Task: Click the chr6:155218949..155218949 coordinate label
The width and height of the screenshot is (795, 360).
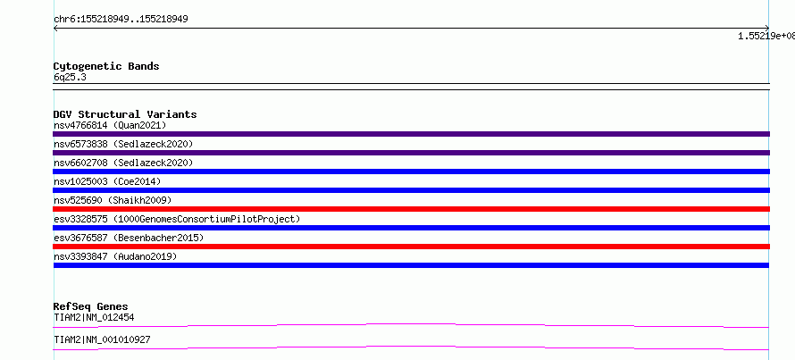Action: click(x=121, y=20)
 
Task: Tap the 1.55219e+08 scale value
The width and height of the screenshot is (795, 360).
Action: click(x=766, y=36)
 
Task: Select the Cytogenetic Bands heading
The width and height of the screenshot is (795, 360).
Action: click(x=106, y=66)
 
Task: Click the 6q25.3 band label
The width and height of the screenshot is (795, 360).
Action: click(x=70, y=78)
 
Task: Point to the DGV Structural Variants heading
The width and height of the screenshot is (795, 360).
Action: click(x=125, y=114)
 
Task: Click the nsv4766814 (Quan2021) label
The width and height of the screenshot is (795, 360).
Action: click(x=110, y=125)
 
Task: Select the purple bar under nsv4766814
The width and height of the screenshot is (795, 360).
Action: click(x=411, y=134)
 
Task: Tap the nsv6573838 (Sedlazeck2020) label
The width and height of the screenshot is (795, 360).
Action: click(x=123, y=144)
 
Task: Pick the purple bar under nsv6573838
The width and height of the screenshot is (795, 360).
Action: click(x=411, y=153)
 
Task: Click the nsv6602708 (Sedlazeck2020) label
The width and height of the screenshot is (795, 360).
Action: click(x=123, y=163)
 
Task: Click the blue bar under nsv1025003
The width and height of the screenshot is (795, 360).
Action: click(x=411, y=190)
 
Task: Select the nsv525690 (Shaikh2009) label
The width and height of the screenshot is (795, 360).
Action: click(x=113, y=200)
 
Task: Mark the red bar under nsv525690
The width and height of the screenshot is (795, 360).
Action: click(x=411, y=209)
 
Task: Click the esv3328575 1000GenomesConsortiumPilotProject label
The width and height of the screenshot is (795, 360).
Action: click(x=177, y=219)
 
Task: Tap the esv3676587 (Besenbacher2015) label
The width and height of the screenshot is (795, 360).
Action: click(x=129, y=238)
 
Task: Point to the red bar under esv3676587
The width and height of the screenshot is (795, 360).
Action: click(x=411, y=247)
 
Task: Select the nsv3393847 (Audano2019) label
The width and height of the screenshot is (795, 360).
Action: click(x=115, y=256)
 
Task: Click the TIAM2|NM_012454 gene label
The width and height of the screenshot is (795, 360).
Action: click(x=94, y=317)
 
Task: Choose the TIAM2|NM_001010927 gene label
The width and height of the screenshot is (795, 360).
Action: click(x=102, y=339)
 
